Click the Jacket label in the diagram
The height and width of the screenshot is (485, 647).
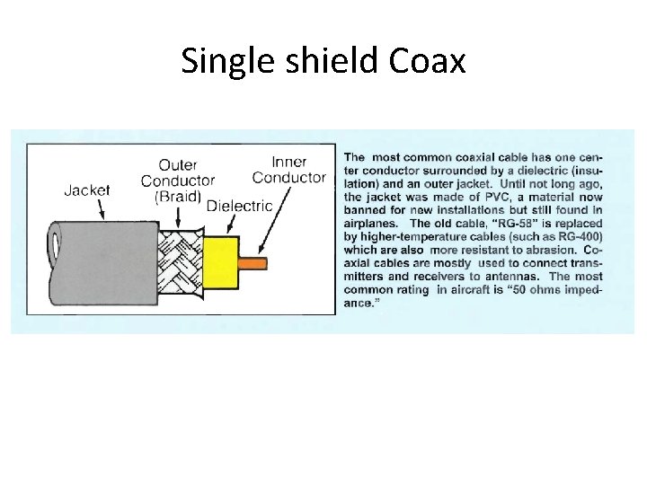coord(87,190)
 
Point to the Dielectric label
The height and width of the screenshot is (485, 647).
coord(238,206)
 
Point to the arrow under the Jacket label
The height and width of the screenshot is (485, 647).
coord(102,209)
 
